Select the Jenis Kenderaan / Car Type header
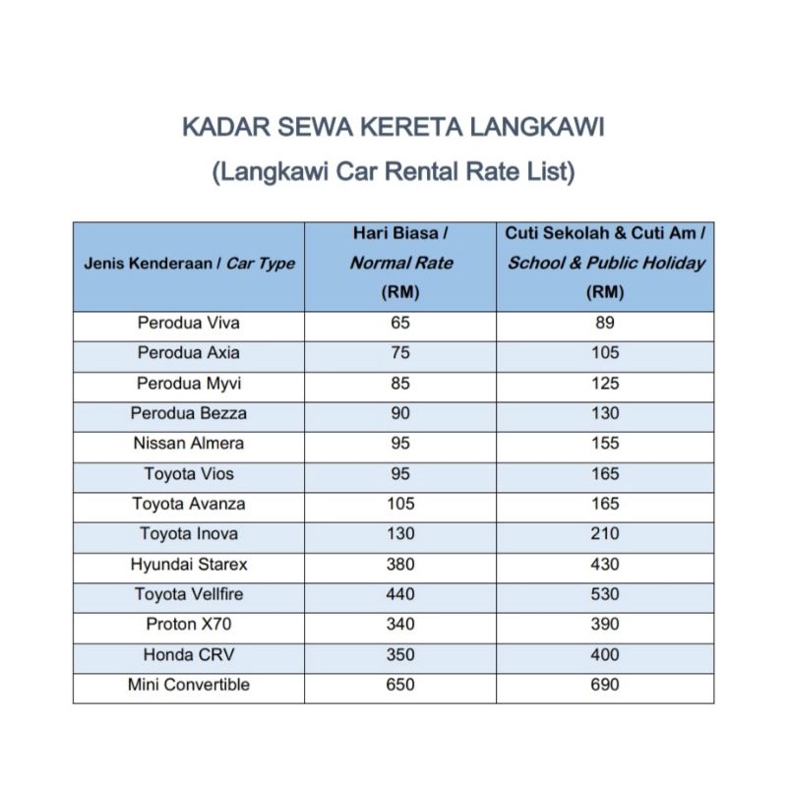point(188,264)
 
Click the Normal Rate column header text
point(400,263)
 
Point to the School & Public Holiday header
point(606,263)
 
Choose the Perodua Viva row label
point(188,323)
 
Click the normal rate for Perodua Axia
point(400,353)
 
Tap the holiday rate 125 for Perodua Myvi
point(606,383)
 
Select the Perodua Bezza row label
point(188,413)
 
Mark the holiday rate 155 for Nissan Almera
point(606,444)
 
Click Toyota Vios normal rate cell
point(400,474)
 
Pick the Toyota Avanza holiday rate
point(606,504)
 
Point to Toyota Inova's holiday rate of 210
point(606,534)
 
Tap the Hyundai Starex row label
point(188,565)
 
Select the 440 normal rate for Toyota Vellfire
point(400,594)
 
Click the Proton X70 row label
point(188,625)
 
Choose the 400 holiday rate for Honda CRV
point(606,654)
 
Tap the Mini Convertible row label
point(188,685)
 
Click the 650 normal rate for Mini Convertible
point(400,685)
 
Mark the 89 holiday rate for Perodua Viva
point(606,323)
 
